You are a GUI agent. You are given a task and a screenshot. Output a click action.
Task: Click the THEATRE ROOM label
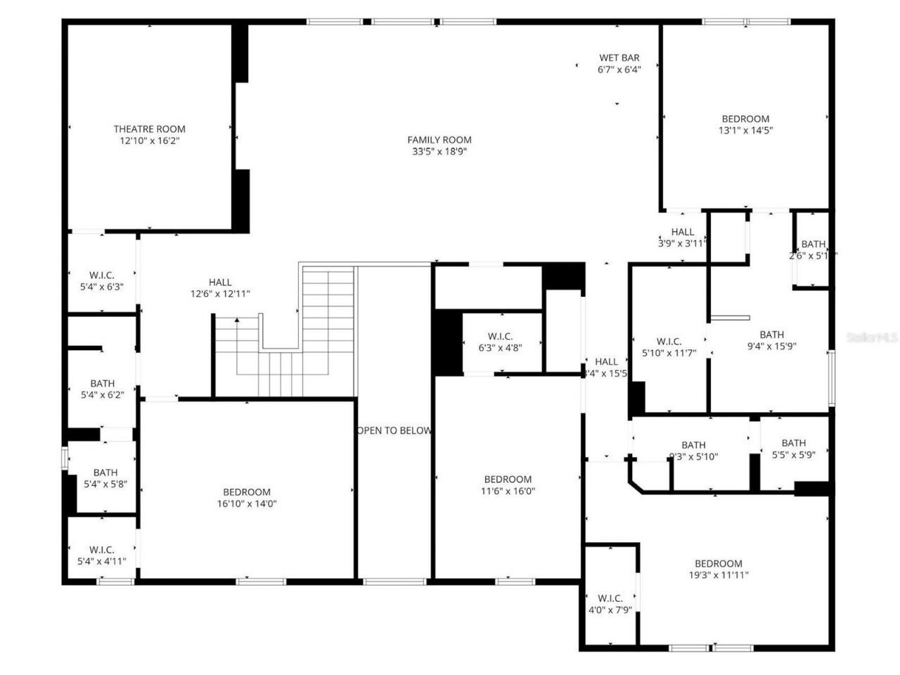[x=150, y=129]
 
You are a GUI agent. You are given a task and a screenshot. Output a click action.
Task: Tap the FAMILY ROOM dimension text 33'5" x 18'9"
[x=439, y=151]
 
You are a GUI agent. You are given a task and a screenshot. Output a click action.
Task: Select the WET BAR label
[x=619, y=58]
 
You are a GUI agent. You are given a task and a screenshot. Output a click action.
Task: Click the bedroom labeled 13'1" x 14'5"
[x=745, y=124]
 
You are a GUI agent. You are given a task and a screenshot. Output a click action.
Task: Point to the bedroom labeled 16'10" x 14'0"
[x=247, y=498]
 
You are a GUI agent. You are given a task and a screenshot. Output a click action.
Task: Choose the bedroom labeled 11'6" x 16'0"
[x=508, y=485]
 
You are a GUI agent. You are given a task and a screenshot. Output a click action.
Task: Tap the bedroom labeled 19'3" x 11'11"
[x=719, y=569]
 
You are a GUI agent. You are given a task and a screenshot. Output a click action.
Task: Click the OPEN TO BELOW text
[x=394, y=430]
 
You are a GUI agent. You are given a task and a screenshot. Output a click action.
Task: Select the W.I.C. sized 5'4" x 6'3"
[x=102, y=281]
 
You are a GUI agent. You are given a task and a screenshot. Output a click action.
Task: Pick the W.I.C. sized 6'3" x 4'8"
[x=501, y=342]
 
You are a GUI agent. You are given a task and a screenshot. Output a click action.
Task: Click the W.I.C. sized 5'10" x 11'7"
[x=669, y=347]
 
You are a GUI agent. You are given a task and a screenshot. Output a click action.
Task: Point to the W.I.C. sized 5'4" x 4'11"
[x=102, y=555]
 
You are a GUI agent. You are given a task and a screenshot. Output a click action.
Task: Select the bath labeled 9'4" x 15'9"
[x=771, y=340]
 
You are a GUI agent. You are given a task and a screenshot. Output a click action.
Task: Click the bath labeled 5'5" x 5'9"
[x=794, y=449]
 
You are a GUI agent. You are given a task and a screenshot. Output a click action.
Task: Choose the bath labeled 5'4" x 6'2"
[x=103, y=389]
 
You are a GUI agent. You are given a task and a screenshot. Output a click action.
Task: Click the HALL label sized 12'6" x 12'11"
[x=220, y=288]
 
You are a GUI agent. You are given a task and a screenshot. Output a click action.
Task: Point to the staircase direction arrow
[x=237, y=321]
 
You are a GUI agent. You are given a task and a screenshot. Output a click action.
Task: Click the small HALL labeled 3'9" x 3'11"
[x=682, y=237]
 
